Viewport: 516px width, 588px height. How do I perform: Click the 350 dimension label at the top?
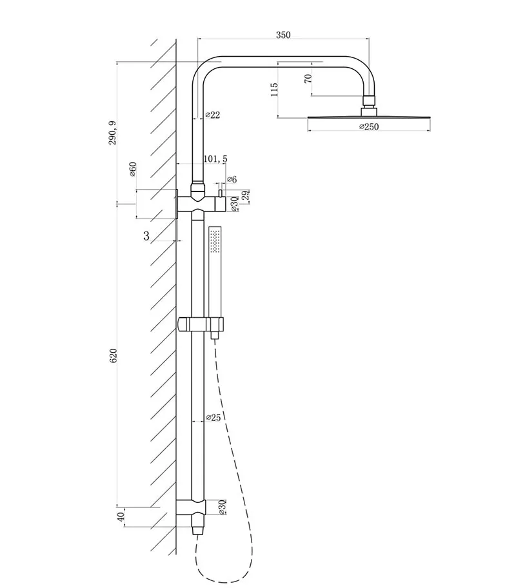(283, 35)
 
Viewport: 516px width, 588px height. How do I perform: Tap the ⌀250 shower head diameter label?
(369, 127)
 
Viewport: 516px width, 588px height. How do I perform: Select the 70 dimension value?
(308, 79)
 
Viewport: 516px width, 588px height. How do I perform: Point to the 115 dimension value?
(274, 90)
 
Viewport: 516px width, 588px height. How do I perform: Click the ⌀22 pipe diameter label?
(213, 115)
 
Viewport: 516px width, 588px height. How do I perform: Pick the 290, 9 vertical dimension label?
(113, 133)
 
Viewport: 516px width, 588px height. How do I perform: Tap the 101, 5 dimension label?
(215, 159)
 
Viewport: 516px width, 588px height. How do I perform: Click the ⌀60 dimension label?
(132, 169)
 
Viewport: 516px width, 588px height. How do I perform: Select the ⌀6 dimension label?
(232, 180)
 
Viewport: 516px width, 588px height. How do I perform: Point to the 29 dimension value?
(246, 196)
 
